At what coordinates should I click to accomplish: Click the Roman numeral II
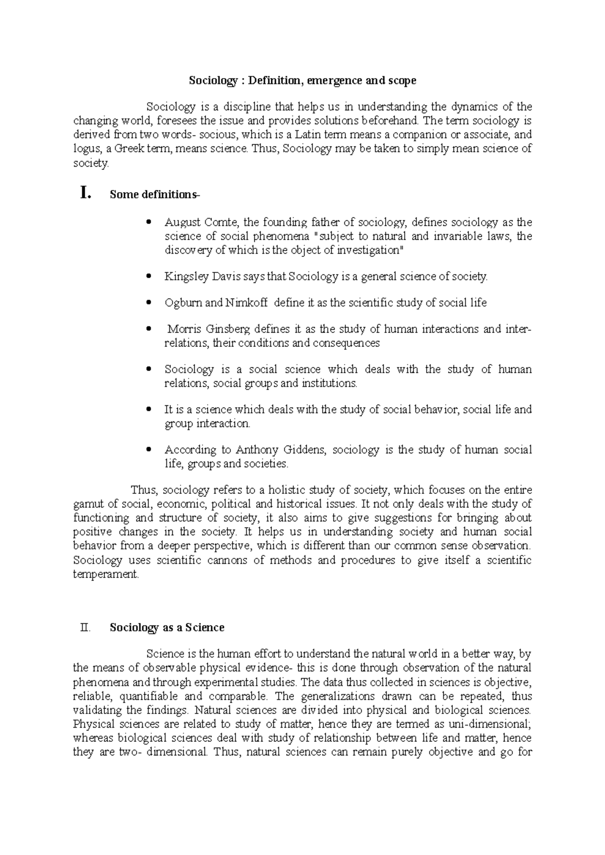85,628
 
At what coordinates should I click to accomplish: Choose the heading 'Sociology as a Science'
167,628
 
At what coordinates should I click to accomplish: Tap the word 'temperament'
105,575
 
